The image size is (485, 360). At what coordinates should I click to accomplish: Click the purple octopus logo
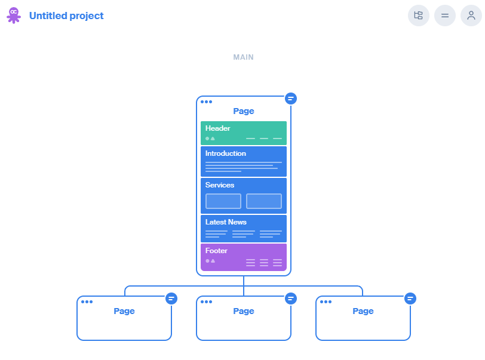[x=14, y=16]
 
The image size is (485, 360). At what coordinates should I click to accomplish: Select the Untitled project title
[x=66, y=16]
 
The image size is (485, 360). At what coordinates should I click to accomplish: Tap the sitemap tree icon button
[x=419, y=16]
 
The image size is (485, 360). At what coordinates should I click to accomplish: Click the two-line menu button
[x=445, y=16]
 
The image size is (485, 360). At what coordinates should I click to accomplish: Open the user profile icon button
[x=471, y=16]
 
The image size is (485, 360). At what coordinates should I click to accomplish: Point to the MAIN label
[x=244, y=57]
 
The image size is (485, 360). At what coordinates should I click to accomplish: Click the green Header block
[x=244, y=133]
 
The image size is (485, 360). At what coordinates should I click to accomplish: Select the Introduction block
[x=244, y=161]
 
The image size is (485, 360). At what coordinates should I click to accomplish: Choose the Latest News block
[x=244, y=229]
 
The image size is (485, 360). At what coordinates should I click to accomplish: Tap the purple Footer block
[x=244, y=257]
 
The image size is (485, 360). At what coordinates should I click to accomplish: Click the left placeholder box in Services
[x=223, y=201]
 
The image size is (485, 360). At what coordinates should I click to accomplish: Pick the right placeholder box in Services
[x=264, y=201]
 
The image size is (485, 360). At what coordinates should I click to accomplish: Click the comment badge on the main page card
[x=291, y=99]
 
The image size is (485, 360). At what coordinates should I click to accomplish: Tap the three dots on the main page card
[x=206, y=101]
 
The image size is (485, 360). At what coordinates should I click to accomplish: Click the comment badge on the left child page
[x=171, y=299]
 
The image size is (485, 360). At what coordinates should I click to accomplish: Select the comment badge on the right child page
[x=410, y=299]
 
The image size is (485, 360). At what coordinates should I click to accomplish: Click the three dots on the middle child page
[x=206, y=302]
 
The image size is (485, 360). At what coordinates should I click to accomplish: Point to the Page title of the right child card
[x=363, y=311]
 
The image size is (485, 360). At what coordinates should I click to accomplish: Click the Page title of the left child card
[x=124, y=311]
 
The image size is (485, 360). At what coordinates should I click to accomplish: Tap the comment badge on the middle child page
[x=291, y=299]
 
